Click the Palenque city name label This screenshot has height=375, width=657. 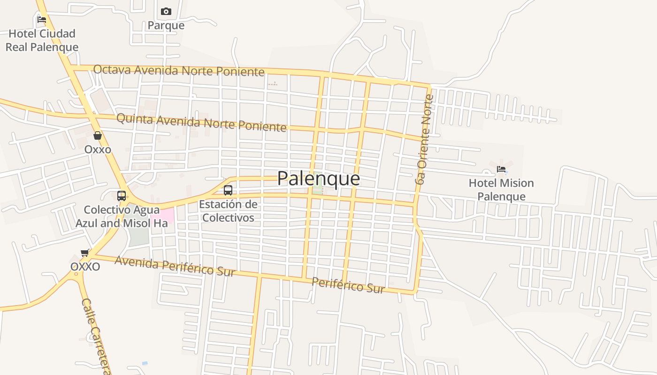tap(319, 179)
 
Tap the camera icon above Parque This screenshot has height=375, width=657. tap(166, 11)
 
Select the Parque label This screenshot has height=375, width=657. tap(166, 25)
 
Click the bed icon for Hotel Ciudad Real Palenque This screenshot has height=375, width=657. tap(42, 20)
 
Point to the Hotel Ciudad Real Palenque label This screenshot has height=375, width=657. tap(42, 40)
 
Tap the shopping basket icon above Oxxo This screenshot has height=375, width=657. tap(98, 136)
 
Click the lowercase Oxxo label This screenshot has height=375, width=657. tap(98, 150)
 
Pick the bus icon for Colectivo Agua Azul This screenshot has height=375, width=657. tap(122, 196)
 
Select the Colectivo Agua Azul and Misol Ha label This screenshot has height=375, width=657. tap(122, 217)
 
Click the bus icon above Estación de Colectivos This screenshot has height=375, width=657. tap(228, 190)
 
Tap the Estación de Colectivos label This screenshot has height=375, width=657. tap(228, 211)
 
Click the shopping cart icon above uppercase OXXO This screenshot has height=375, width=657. tap(85, 253)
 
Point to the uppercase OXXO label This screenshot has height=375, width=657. tap(85, 267)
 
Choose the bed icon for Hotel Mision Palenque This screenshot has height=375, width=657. tap(501, 169)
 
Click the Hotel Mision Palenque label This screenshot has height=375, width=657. tap(501, 189)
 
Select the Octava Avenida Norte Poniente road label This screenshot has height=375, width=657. tap(179, 70)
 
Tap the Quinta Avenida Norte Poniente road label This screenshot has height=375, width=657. tap(201, 122)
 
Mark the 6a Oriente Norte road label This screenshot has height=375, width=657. tap(424, 139)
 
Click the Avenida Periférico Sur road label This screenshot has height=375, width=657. tap(175, 266)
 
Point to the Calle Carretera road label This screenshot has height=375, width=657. tap(96, 337)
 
